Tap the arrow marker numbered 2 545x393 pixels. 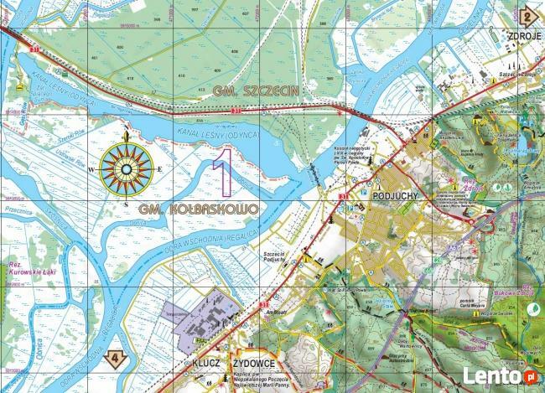coord(528,14)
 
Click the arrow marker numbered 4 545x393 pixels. coord(121,355)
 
